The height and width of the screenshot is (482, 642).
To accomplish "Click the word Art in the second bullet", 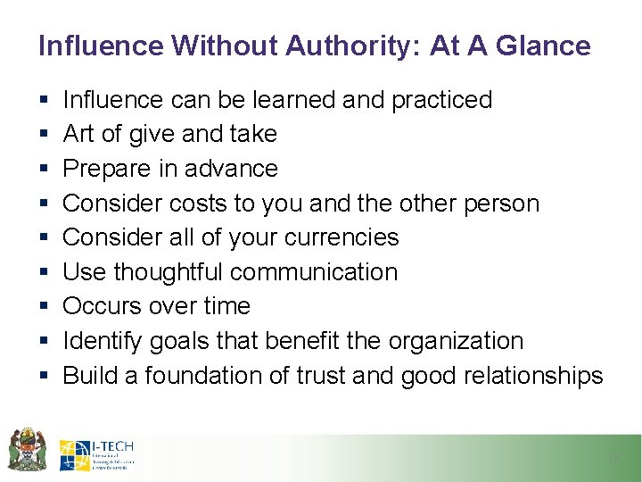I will tap(78, 134).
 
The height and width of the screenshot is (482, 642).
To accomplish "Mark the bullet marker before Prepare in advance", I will tap(44, 169).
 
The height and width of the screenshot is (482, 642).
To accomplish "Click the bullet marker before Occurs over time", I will tap(44, 307).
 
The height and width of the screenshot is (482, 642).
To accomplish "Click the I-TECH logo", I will tap(97, 455).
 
